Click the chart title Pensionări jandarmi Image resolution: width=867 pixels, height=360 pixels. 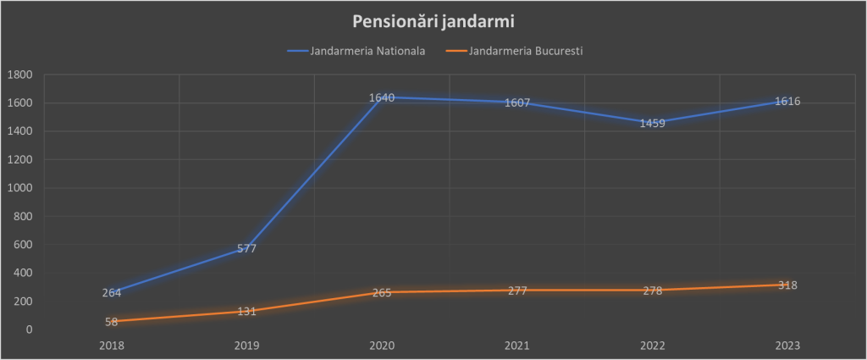point(433,20)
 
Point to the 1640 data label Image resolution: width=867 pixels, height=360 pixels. point(382,97)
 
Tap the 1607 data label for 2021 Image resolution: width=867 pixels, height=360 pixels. point(517,103)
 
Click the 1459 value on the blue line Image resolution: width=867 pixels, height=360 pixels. point(652,123)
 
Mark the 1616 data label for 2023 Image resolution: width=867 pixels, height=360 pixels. point(787,102)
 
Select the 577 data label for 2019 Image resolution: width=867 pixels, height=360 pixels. point(246,249)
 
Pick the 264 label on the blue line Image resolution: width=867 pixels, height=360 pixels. point(112,293)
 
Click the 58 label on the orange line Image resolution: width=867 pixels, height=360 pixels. point(112,323)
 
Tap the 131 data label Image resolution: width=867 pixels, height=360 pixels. point(246,312)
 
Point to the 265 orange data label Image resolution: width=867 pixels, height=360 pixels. point(382,293)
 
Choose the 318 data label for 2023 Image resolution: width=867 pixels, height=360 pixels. point(787,285)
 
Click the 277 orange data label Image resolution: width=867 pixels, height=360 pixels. point(517,291)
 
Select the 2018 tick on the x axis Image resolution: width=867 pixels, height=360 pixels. point(112,346)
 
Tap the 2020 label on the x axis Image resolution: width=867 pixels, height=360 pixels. point(382,346)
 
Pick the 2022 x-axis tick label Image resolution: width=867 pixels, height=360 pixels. point(652,346)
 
